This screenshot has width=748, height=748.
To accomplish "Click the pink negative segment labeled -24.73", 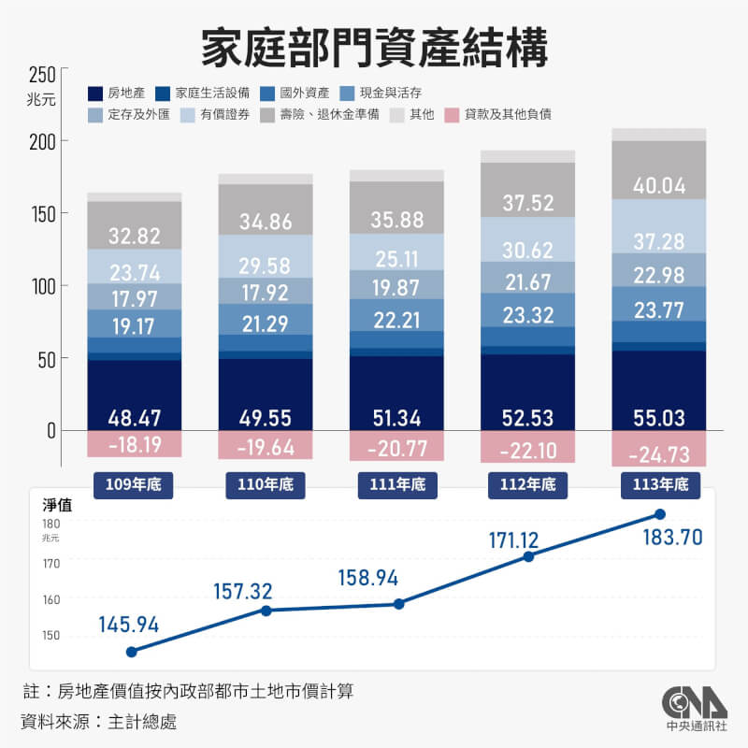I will pos(658,454).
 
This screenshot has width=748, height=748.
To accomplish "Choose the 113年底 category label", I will pos(658,485).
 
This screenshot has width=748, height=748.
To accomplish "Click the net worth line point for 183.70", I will pos(659,514).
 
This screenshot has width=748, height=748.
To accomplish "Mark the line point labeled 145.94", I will pos(131,652).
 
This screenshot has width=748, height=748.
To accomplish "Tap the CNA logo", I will pos(694,701).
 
